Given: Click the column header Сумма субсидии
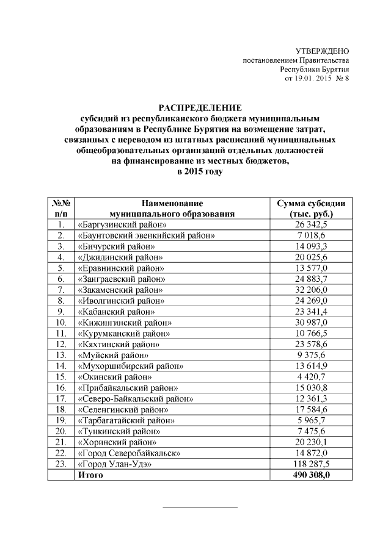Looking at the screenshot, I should [311, 204].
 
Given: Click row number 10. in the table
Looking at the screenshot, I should [60, 322].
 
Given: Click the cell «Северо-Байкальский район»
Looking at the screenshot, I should [136, 398].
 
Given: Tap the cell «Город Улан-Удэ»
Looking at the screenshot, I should [114, 464].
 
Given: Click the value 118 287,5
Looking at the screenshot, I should [312, 464].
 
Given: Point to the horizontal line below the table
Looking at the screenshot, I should [200, 507].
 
